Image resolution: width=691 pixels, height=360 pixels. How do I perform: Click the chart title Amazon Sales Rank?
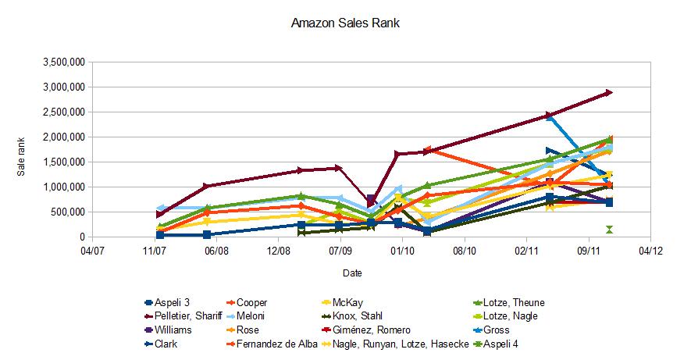[x=345, y=23]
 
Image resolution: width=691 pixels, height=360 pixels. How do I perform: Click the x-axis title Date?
[x=351, y=273]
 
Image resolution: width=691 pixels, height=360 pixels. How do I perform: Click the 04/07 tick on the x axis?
[x=92, y=251]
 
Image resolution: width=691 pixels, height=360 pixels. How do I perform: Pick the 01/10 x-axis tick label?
[x=402, y=251]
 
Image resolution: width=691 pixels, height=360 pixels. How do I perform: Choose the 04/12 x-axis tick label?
[x=650, y=251]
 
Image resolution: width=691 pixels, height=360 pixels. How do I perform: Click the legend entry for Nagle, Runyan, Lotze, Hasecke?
[x=401, y=344]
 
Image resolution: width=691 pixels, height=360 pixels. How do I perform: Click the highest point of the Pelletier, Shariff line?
[x=609, y=93]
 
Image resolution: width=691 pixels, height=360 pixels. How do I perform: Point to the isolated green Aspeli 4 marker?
[x=609, y=229]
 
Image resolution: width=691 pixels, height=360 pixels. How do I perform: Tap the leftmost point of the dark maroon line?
[x=160, y=214]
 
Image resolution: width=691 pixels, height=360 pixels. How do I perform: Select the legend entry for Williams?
[x=177, y=330]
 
